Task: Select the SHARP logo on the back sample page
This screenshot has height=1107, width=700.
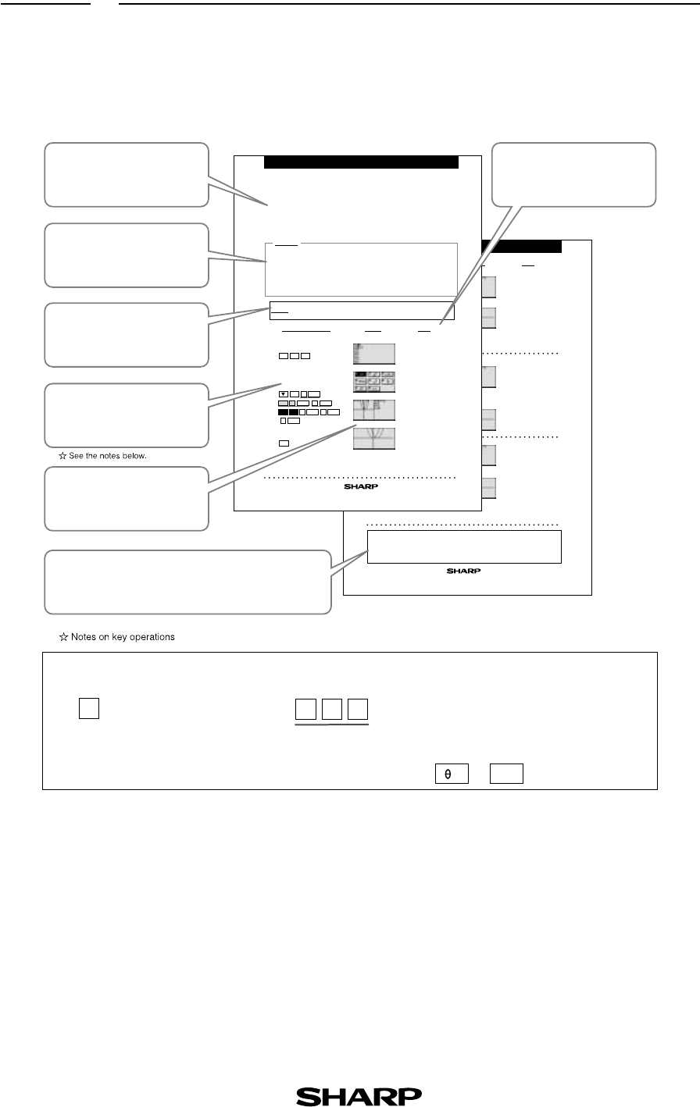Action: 463,571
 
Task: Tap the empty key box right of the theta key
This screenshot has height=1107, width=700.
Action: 506,773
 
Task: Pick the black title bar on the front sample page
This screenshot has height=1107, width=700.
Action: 360,162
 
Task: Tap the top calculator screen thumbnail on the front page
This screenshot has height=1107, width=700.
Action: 374,354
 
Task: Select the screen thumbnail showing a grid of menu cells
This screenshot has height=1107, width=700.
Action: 374,382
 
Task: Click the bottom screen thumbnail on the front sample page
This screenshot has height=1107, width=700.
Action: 374,438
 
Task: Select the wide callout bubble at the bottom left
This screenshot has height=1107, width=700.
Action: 187,582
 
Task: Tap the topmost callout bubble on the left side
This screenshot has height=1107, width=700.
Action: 127,175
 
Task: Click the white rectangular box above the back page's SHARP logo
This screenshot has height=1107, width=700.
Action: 464,546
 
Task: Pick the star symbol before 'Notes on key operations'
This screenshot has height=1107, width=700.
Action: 64,637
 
